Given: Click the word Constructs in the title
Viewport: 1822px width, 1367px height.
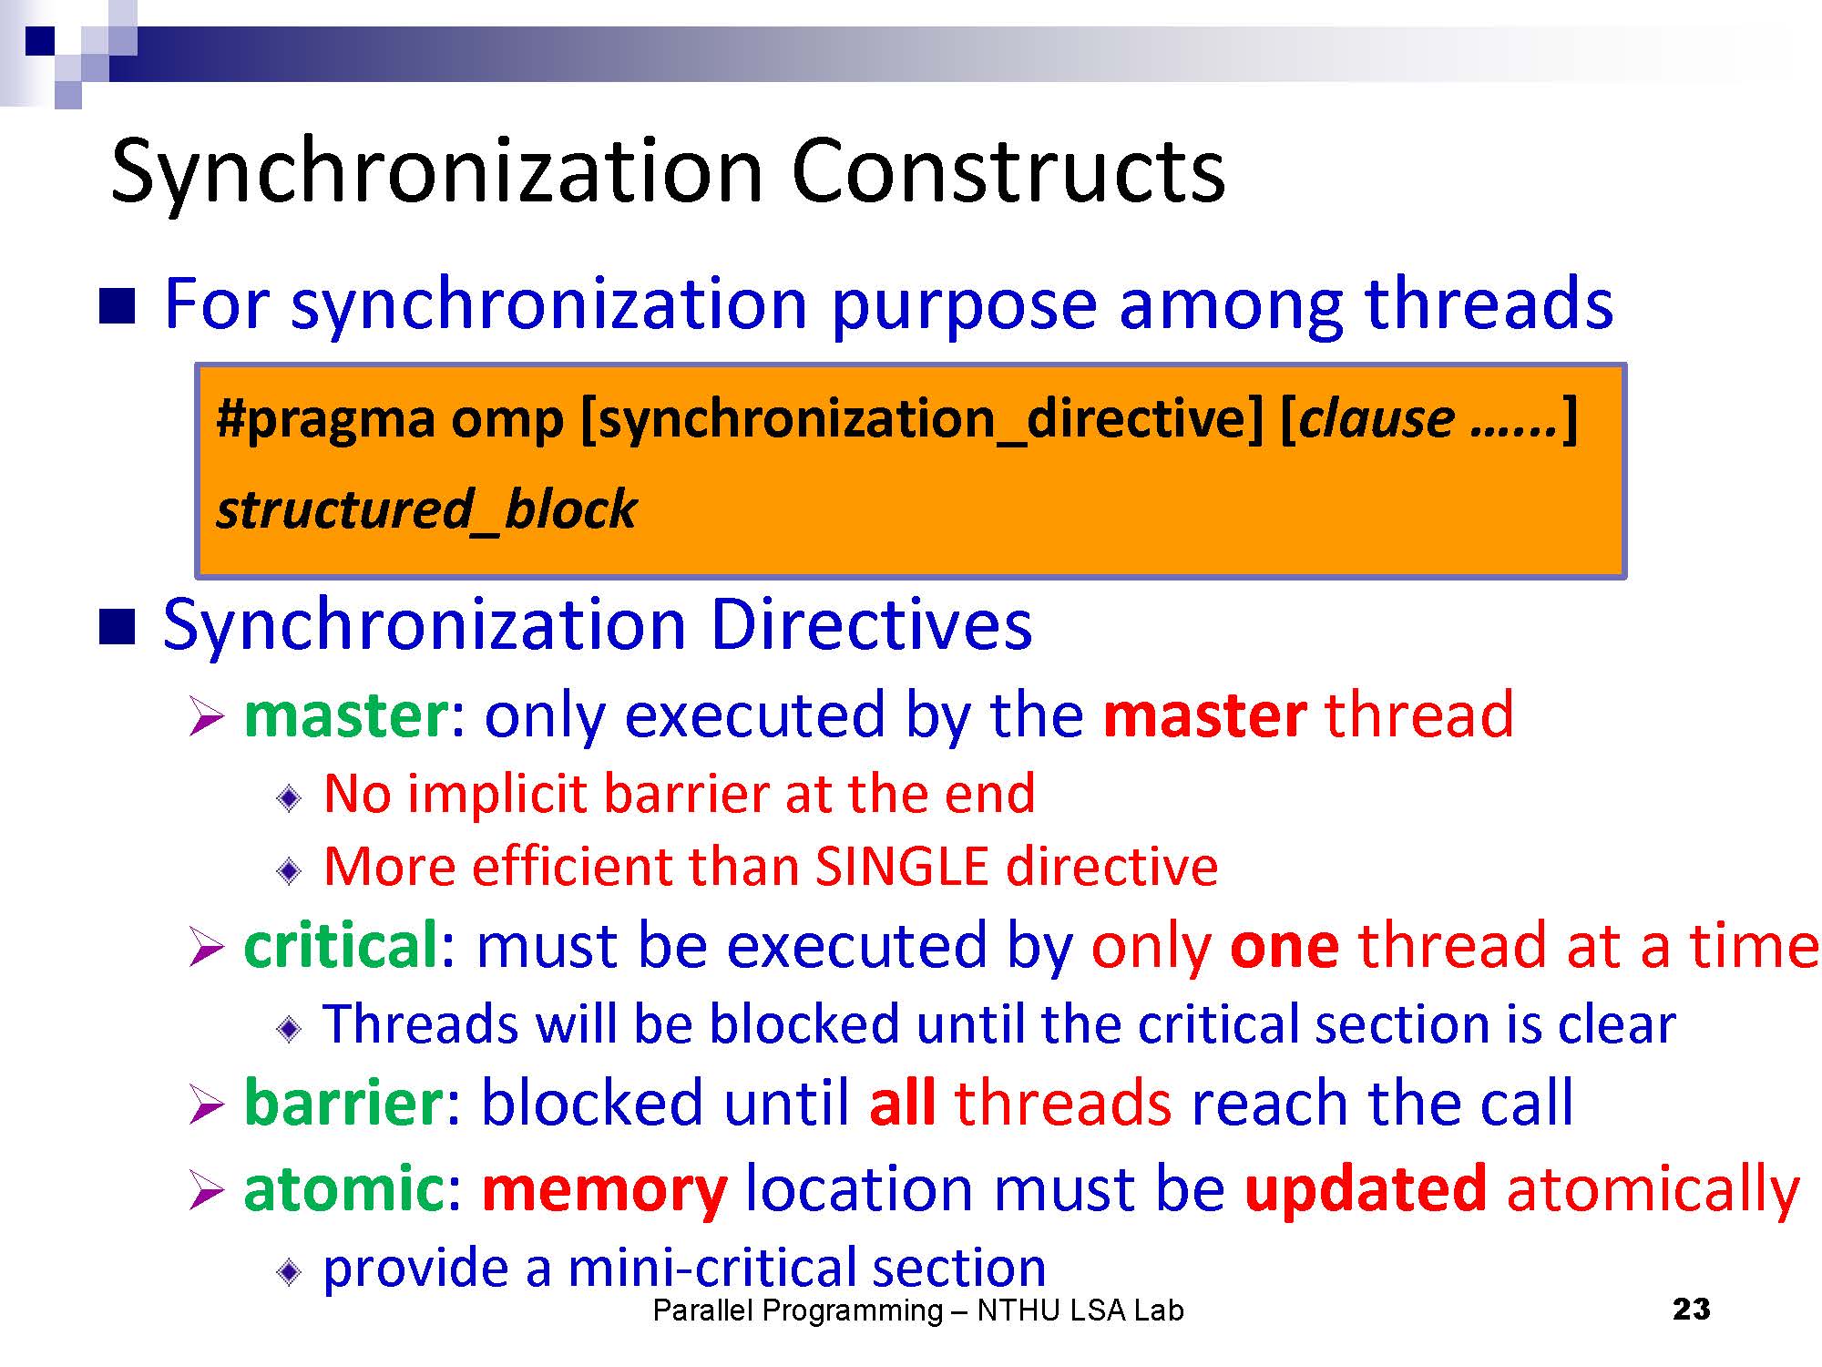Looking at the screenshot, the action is pyautogui.click(x=1008, y=171).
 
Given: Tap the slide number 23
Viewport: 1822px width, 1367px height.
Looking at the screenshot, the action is pyautogui.click(x=1692, y=1310).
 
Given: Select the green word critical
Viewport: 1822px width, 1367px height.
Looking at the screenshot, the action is pyautogui.click(x=342, y=944).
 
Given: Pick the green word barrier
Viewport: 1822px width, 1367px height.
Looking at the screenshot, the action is pyautogui.click(x=343, y=1102).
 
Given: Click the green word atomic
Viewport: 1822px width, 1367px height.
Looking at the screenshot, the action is pyautogui.click(x=343, y=1188).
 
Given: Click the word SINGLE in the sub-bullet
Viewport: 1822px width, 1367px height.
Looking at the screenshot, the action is pyautogui.click(x=901, y=866).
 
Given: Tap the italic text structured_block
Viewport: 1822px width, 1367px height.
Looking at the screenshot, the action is pyautogui.click(x=426, y=509).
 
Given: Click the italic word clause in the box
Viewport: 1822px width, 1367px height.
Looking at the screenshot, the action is pyautogui.click(x=1376, y=418).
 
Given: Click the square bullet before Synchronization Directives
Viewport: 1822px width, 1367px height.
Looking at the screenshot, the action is pyautogui.click(x=117, y=627).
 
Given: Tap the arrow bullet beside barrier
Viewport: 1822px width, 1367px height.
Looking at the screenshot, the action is pyautogui.click(x=206, y=1107).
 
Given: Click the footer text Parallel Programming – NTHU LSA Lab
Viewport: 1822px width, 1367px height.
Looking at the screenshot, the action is pyautogui.click(x=918, y=1310).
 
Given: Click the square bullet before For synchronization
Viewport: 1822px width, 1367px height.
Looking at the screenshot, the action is pyautogui.click(x=117, y=307).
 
